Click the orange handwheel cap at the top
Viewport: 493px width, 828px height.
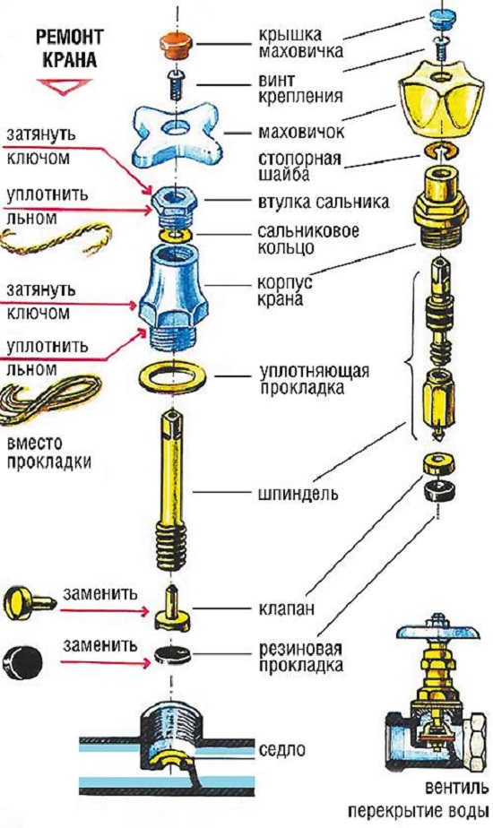(176, 45)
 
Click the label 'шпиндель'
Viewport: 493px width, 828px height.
(298, 494)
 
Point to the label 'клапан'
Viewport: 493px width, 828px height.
(287, 608)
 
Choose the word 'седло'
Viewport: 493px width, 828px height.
(282, 749)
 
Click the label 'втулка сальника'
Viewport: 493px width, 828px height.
(324, 202)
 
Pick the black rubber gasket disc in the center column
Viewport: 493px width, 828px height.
(172, 655)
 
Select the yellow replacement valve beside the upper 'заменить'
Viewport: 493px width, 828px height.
(29, 602)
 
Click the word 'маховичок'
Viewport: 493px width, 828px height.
(300, 132)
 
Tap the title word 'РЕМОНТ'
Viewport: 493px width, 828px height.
(69, 37)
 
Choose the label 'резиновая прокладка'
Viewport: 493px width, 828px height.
(300, 656)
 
